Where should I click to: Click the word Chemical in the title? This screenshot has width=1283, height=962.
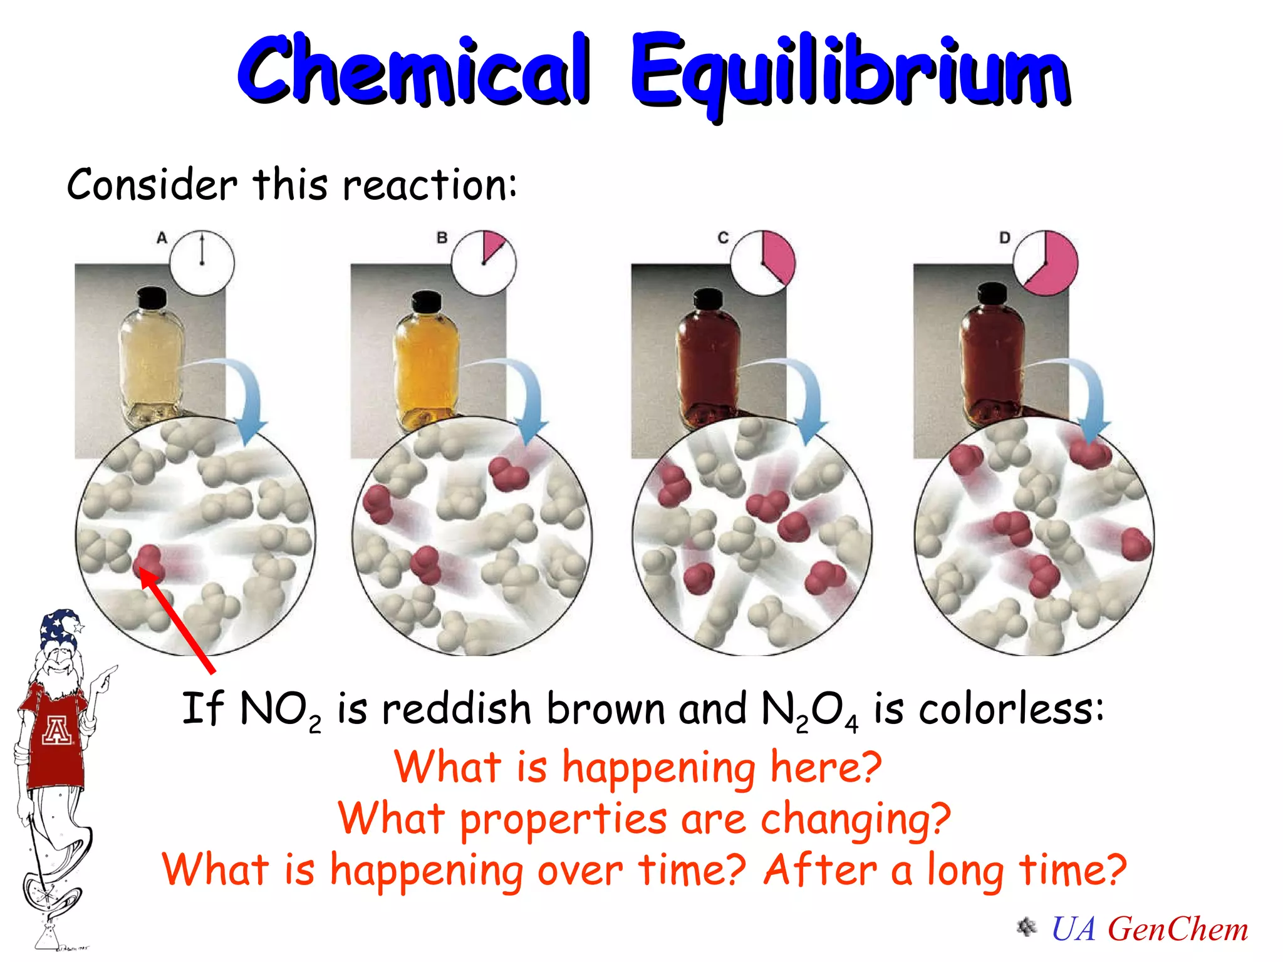coord(413,70)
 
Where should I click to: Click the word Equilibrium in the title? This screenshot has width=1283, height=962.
coord(849,72)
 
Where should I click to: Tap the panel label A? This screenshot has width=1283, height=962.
coord(162,238)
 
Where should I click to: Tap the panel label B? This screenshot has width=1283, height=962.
coord(442,238)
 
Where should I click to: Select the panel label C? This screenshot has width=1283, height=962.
coord(723,238)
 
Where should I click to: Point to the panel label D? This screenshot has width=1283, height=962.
coord(1004,238)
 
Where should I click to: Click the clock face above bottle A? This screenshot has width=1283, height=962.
coord(202,263)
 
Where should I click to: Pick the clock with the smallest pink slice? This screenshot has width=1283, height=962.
coord(484,263)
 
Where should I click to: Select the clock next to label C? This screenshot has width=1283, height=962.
coord(763,263)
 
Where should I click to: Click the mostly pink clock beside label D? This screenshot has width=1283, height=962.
coord(1046,263)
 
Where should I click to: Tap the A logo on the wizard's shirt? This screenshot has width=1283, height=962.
coord(56,730)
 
